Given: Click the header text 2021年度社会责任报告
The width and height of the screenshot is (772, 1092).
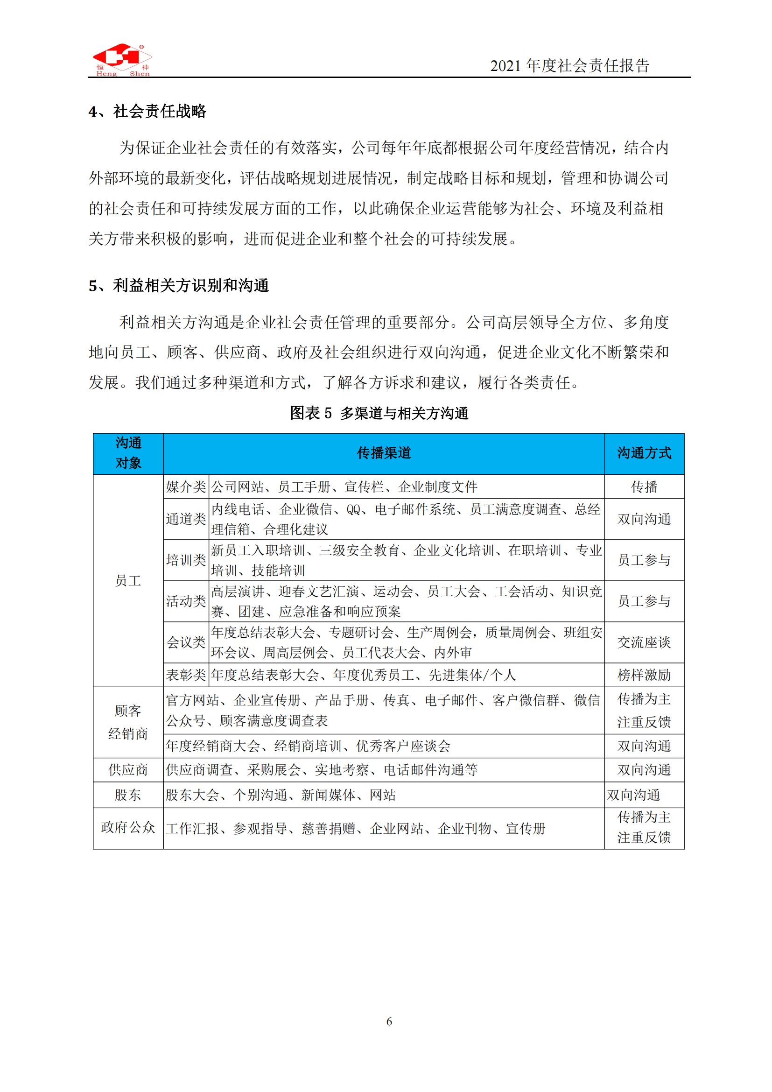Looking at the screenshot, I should pos(569,66).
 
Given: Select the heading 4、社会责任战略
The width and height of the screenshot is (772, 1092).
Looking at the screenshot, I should pos(147,111).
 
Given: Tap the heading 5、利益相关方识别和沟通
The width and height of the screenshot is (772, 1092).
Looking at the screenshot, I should pos(179,285).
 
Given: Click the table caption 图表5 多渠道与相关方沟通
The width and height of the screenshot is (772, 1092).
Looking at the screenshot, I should pos(379,413).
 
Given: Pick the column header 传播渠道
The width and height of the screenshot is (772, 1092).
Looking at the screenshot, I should pos(384,453).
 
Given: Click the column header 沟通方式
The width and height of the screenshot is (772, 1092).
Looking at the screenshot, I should pos(644,453).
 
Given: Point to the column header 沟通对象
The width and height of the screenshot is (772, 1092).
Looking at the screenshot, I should pos(128,453).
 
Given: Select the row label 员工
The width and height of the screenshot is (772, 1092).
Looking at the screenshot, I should pos(128,581).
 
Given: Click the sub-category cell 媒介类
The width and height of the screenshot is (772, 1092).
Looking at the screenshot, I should pos(186,486).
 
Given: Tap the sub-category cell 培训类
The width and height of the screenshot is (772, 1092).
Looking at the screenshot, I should pos(186,560).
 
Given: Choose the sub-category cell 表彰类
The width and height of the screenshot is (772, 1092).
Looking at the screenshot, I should pos(186,675).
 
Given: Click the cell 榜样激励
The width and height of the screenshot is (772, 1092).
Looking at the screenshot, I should pos(644,675).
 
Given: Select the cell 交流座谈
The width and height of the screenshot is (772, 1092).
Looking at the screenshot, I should pos(644,642).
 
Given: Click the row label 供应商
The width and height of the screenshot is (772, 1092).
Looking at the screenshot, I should pos(128,770).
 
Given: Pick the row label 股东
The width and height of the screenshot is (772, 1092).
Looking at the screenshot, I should pos(128,795).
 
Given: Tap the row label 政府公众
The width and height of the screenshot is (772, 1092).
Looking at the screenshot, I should pos(128,828).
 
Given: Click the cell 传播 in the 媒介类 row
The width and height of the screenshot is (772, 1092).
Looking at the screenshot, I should pos(644,486).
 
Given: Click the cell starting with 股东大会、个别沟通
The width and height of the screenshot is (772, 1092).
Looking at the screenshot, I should pos(281,795).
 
